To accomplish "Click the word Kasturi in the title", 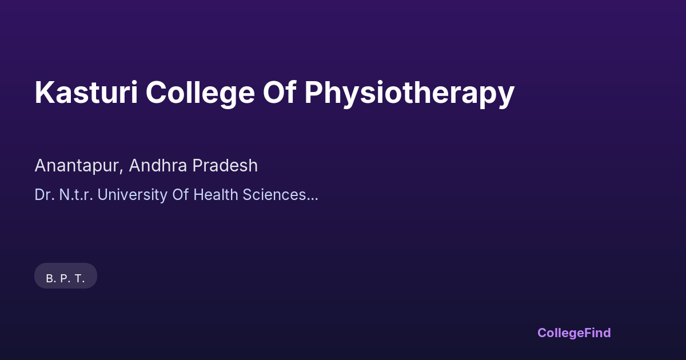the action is (x=86, y=93).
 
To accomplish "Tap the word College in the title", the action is (x=200, y=94).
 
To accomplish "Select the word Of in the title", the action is (x=280, y=92).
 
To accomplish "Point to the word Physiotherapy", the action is (x=409, y=94).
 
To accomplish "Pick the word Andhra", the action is (x=158, y=165).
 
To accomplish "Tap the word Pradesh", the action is (x=225, y=165).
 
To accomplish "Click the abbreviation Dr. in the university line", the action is (x=45, y=195).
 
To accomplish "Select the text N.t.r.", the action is (x=76, y=195).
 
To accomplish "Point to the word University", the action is (x=132, y=195).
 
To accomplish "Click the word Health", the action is (x=216, y=195).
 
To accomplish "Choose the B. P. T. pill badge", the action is (x=66, y=276).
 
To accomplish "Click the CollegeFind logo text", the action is (x=574, y=333).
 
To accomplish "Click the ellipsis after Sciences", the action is (x=312, y=199).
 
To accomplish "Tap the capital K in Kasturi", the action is (x=44, y=93).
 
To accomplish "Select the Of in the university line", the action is (x=181, y=195).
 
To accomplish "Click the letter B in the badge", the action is (x=50, y=279).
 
